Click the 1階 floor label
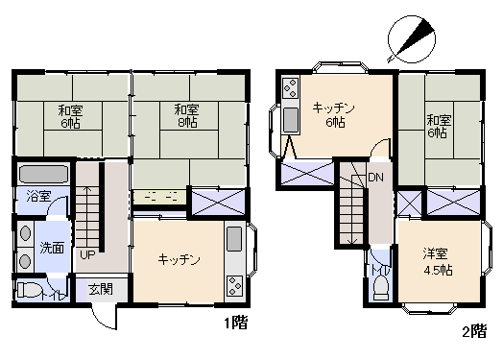[236, 323]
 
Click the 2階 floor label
[473, 332]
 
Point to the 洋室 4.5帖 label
[439, 262]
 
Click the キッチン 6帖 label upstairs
[334, 116]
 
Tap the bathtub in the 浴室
[42, 177]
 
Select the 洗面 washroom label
[52, 248]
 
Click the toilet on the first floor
[30, 291]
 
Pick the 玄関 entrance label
[101, 289]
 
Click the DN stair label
[376, 178]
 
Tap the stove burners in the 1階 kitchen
[233, 285]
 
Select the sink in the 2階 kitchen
[290, 120]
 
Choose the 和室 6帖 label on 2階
[438, 127]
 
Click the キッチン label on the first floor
[179, 259]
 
